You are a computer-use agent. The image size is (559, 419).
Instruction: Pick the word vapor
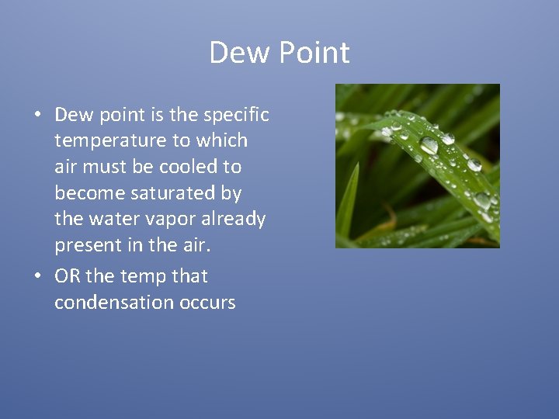coord(165,219)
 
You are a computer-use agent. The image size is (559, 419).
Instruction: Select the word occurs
coord(210,302)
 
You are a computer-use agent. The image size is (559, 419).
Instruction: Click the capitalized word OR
coord(68,276)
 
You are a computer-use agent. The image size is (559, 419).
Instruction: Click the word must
coord(110,167)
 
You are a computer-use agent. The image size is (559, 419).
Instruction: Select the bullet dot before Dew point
coord(38,116)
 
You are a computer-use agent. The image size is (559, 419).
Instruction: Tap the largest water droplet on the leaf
coord(429,145)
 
